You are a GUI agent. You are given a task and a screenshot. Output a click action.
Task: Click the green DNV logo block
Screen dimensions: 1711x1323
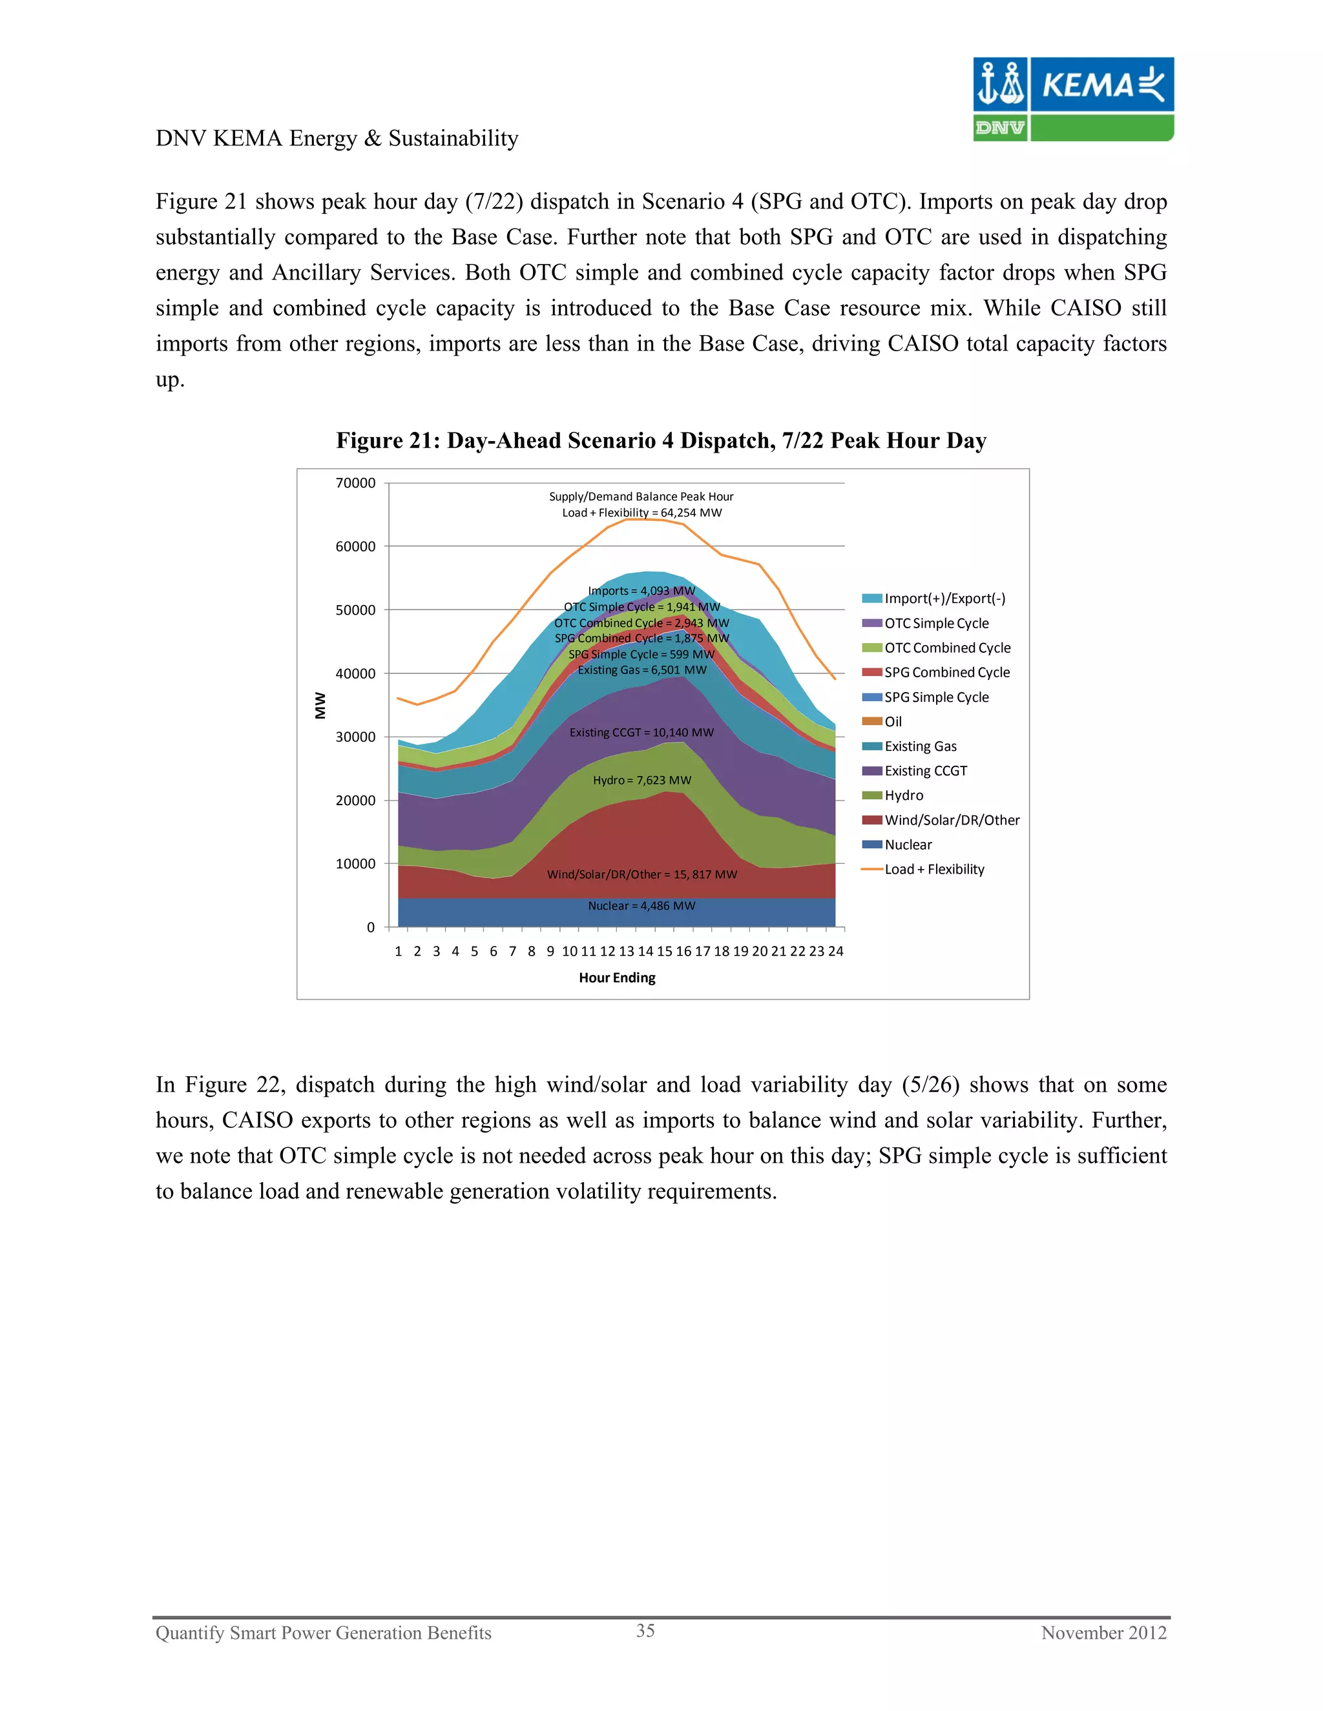[x=999, y=128]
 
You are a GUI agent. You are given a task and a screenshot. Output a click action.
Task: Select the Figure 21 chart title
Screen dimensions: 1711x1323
[x=661, y=440]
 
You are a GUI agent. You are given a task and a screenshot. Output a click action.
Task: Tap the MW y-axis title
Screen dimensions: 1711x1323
[x=320, y=705]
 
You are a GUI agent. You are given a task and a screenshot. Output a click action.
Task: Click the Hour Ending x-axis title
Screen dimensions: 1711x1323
[x=617, y=978]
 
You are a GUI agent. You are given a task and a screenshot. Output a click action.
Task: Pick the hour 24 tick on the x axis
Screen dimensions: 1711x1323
[x=835, y=951]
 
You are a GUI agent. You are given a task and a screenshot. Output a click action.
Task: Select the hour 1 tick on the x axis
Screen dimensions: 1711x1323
[x=398, y=951]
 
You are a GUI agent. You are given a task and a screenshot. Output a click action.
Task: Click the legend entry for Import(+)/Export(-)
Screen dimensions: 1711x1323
[x=944, y=599]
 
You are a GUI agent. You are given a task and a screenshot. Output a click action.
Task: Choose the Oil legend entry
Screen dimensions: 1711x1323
[x=893, y=722]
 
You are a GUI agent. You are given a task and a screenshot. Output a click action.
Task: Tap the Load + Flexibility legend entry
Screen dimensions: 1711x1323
[x=933, y=870]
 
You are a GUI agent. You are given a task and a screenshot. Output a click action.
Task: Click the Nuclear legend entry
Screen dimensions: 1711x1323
[x=908, y=845]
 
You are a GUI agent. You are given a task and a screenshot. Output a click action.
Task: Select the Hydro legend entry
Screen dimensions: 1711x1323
[x=904, y=795]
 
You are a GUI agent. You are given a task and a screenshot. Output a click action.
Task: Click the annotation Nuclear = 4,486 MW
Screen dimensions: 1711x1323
[x=641, y=906]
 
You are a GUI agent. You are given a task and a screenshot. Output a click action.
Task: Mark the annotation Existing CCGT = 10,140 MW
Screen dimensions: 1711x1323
[x=641, y=733]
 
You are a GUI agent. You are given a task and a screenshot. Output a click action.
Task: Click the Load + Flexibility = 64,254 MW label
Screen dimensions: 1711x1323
[x=641, y=513]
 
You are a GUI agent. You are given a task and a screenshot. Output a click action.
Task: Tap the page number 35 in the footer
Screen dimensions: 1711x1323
[x=645, y=1631]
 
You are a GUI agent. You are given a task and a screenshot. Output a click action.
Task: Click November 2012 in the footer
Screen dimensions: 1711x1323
[x=1103, y=1633]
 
